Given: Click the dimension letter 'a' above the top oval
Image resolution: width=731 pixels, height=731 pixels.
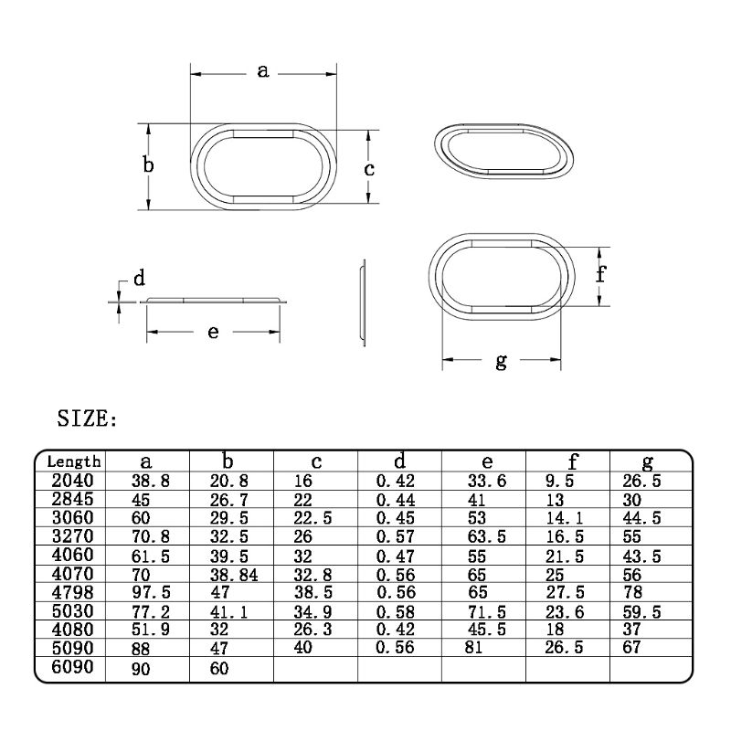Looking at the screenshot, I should point(263,70).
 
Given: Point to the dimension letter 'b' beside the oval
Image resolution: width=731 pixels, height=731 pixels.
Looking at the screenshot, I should point(148,165).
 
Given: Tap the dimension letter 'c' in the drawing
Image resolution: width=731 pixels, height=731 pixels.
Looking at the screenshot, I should point(369,169).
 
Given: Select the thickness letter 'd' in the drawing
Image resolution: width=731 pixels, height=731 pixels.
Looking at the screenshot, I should point(140,279).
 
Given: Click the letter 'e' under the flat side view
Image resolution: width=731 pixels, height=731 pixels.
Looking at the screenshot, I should point(213,332).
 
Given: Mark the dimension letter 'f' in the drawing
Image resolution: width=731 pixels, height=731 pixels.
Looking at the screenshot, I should point(602,274).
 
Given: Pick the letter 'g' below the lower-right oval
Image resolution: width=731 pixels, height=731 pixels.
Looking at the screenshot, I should point(501,361).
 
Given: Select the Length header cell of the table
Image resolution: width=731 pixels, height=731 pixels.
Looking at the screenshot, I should point(73,462).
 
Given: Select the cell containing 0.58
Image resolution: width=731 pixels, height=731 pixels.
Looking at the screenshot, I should point(397,611).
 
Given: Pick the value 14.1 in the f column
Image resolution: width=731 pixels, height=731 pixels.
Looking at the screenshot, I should point(564,517).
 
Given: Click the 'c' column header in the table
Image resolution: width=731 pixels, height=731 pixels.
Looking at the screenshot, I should point(313,462).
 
